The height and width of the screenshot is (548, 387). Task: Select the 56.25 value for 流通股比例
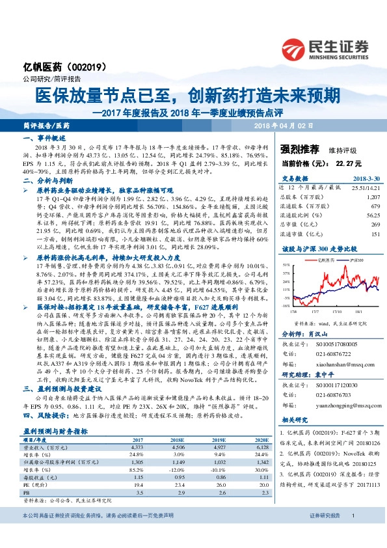[373, 214]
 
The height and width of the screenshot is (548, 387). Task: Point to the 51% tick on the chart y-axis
[286, 247]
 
